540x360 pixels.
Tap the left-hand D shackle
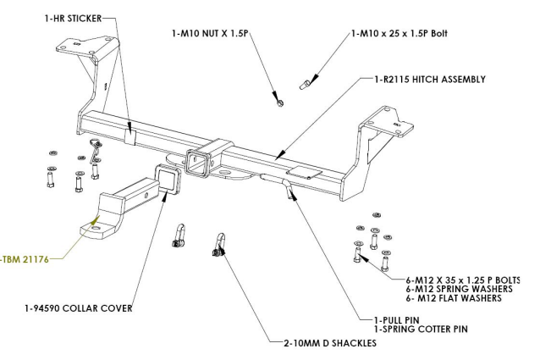[179, 235]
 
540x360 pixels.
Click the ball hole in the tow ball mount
[97, 224]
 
